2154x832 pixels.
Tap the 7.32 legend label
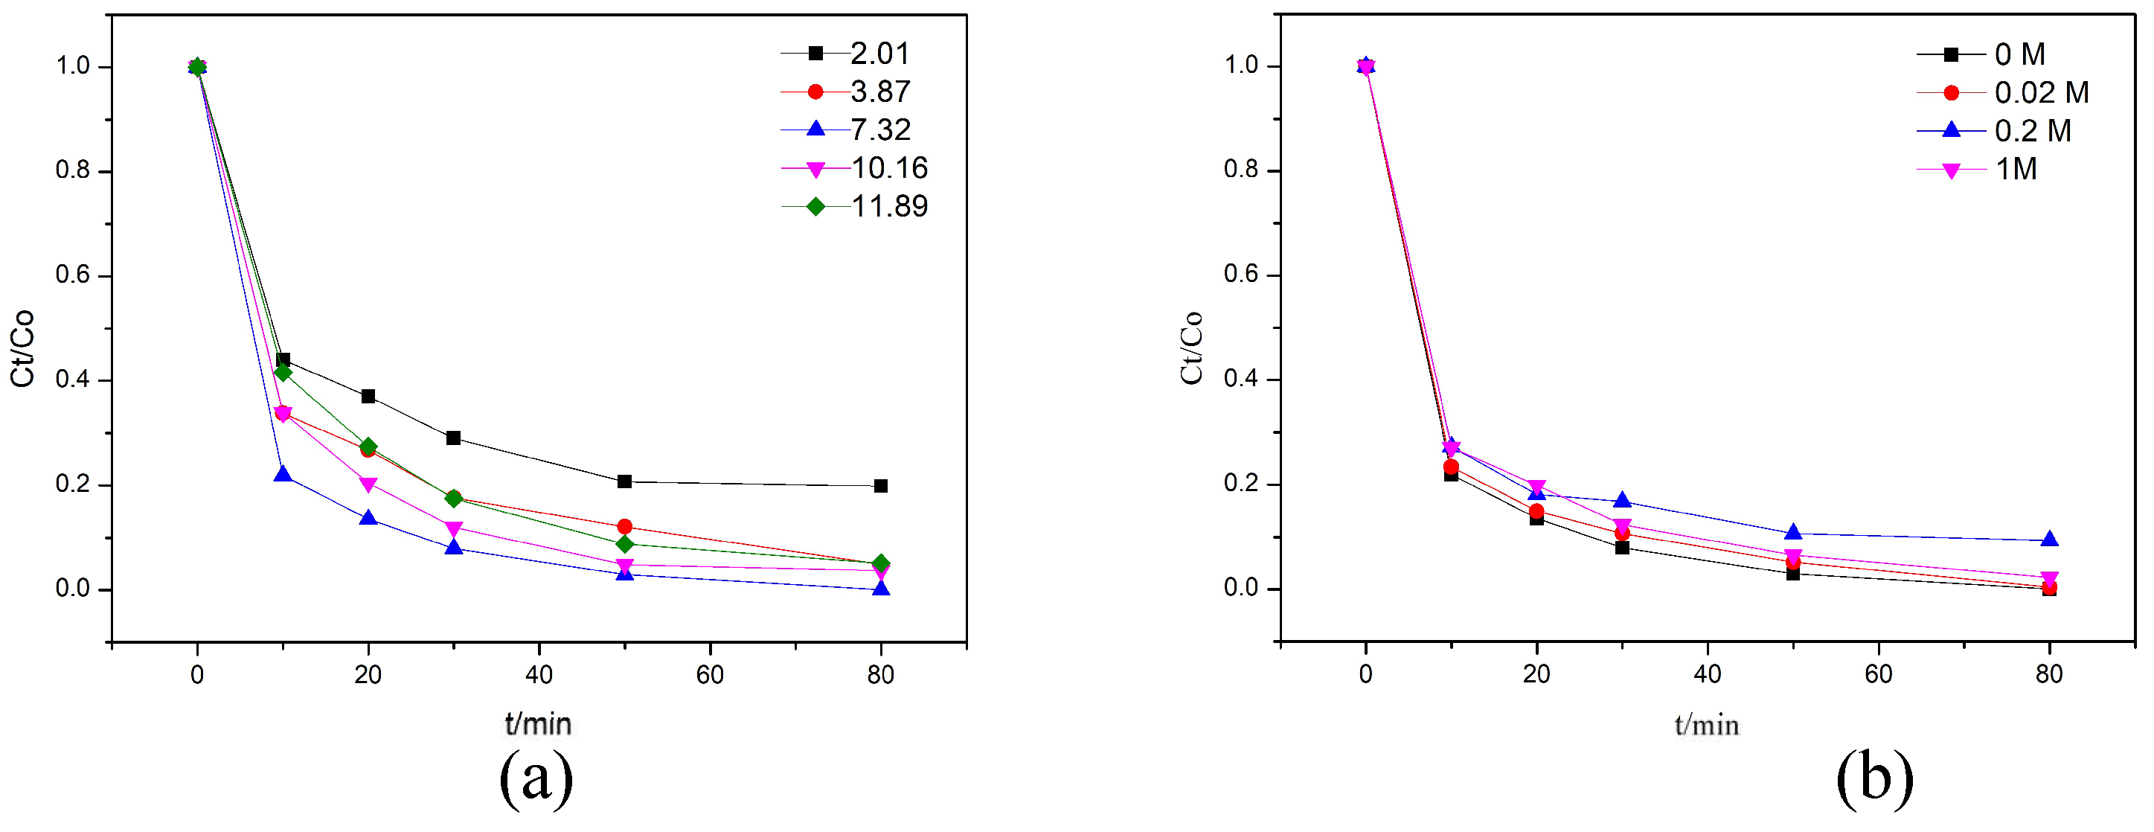880,129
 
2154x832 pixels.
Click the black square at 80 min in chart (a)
880,486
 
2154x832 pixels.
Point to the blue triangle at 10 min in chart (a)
283,474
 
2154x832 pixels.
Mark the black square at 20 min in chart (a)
368,397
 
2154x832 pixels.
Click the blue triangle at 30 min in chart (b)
1622,500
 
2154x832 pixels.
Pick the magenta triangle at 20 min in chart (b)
1537,487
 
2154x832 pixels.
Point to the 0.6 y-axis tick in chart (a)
73,275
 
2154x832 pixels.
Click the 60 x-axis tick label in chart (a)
710,675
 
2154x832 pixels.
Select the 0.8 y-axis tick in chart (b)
1241,170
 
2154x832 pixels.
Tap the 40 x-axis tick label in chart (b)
1708,674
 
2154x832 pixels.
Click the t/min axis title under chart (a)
539,724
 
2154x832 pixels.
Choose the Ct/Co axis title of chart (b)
1191,347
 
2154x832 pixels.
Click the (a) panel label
536,778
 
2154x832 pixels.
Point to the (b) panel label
1875,778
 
